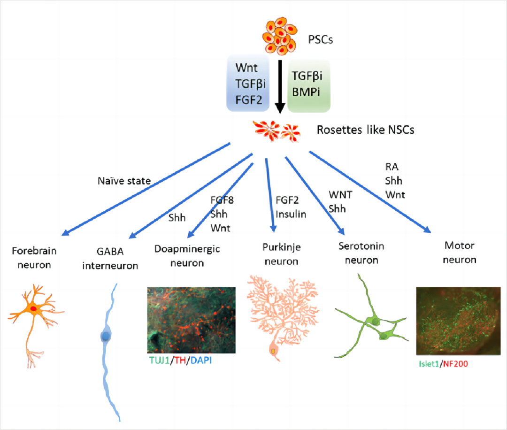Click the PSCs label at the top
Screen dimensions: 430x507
(321, 39)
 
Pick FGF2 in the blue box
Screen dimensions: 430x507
(247, 99)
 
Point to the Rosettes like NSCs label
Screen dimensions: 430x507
(366, 130)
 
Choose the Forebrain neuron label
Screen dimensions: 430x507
(34, 257)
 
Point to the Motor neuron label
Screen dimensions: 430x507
(459, 252)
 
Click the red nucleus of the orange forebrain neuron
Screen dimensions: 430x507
(33, 308)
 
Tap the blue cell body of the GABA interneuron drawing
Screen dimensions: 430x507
(107, 336)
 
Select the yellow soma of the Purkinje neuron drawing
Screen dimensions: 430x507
(273, 351)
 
